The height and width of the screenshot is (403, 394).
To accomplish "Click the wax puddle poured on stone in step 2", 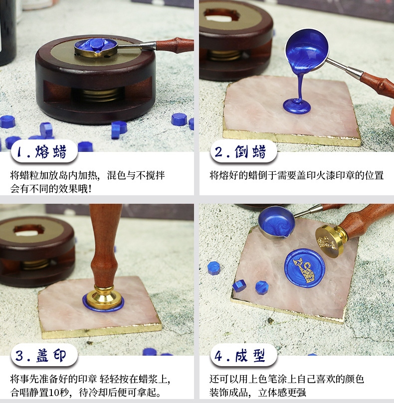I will pos(297,105).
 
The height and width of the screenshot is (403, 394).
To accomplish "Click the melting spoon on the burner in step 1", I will pos(96,47).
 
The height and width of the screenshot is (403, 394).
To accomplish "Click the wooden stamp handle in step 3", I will pos(105,244).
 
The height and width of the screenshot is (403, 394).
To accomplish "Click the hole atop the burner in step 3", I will pos(29,230).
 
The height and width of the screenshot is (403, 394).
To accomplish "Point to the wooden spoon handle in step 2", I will pos(377,84).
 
